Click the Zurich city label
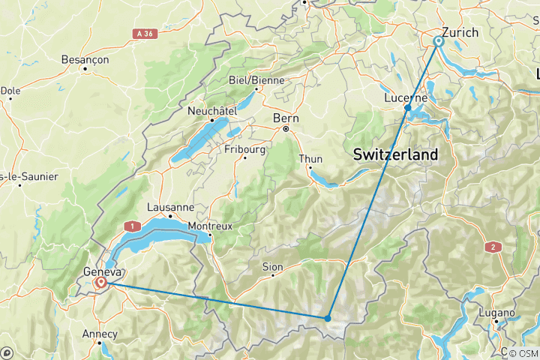click(x=460, y=32)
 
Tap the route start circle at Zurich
click(x=439, y=41)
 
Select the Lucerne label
click(x=405, y=98)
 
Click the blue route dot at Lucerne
click(x=407, y=108)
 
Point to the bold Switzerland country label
click(x=395, y=154)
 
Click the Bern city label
click(x=286, y=118)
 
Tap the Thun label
click(x=310, y=159)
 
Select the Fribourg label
click(x=245, y=149)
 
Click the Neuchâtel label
click(x=212, y=110)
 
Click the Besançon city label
click(x=85, y=59)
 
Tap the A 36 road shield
click(x=148, y=34)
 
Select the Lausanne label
click(x=171, y=207)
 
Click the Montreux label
click(x=211, y=226)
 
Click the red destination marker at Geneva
click(x=101, y=283)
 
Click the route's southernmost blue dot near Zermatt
click(x=328, y=318)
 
